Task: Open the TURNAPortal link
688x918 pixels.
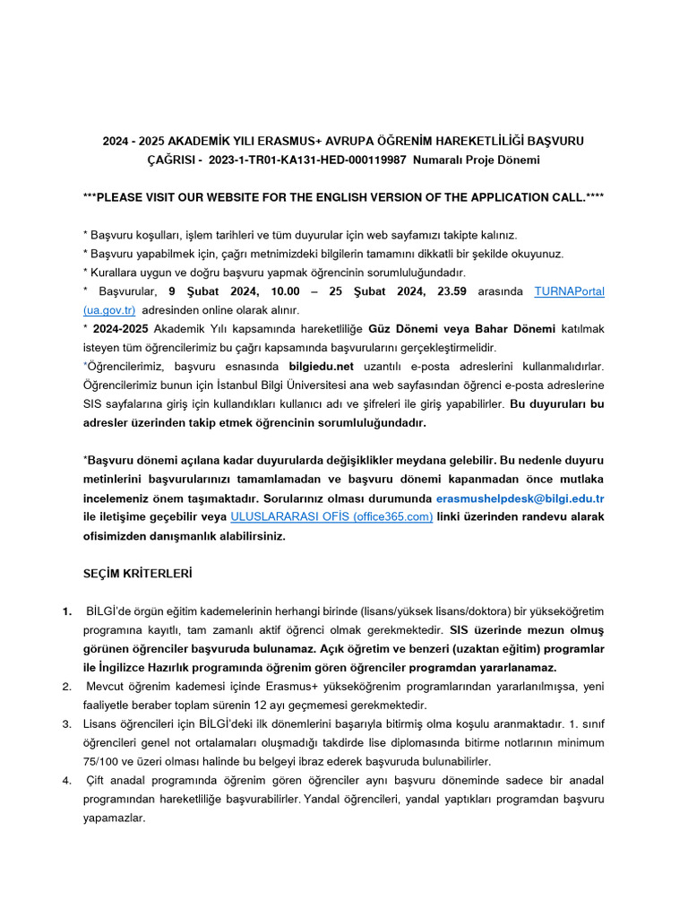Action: point(569,291)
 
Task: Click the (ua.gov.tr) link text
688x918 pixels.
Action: point(109,309)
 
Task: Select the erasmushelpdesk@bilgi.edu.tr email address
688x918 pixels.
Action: point(520,498)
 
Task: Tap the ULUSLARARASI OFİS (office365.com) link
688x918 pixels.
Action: point(331,516)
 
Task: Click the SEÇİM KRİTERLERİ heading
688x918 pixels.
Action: point(137,572)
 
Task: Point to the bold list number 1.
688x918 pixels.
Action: point(68,611)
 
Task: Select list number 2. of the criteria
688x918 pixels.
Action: point(67,686)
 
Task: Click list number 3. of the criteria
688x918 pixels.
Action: point(67,723)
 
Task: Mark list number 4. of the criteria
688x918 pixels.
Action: point(67,779)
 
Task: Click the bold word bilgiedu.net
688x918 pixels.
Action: point(322,366)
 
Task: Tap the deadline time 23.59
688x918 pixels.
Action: point(447,291)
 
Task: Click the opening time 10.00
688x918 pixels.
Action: point(286,291)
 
